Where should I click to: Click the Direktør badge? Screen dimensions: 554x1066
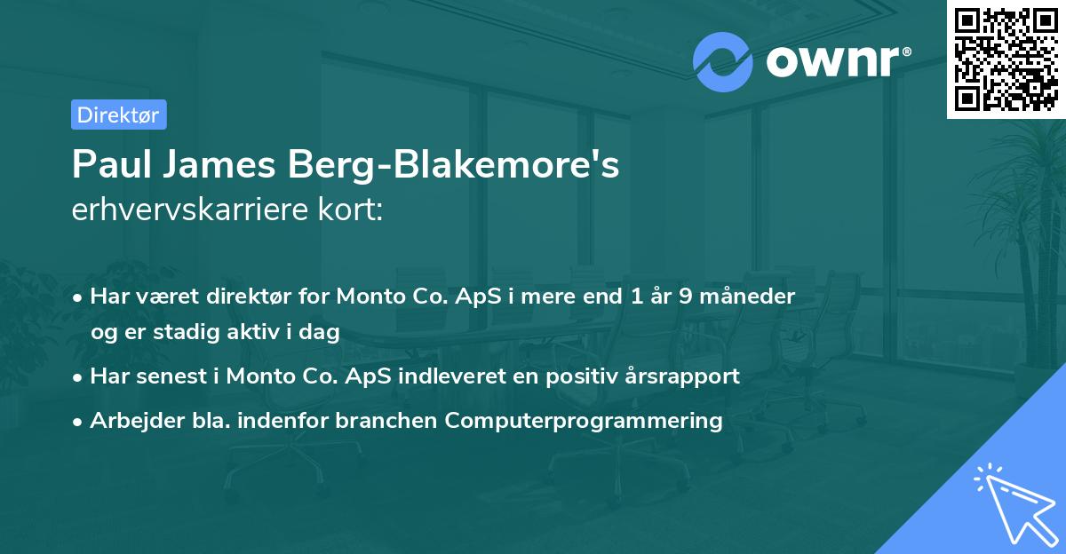click(118, 115)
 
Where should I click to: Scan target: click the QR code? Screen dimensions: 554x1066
click(1006, 59)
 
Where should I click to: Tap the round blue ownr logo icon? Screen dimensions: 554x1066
click(723, 62)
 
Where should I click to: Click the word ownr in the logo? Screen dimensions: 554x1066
click(835, 62)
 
